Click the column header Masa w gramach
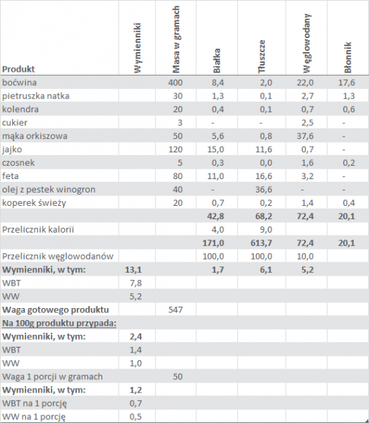176,39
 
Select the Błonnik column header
348,57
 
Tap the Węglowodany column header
307,43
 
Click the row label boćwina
19,82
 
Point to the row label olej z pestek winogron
49,190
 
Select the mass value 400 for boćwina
175,82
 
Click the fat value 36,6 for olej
264,190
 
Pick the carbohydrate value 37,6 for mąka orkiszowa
306,136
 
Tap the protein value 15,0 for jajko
216,149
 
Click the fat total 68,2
264,216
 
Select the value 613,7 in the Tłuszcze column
261,243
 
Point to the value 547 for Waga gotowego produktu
176,309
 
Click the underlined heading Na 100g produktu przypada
59,323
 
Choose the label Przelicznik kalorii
38,230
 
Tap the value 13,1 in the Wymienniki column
133,269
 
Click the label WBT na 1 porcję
35,403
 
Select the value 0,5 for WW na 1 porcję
135,417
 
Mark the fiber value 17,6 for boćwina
346,82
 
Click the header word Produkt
18,69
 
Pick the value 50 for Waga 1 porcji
178,376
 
